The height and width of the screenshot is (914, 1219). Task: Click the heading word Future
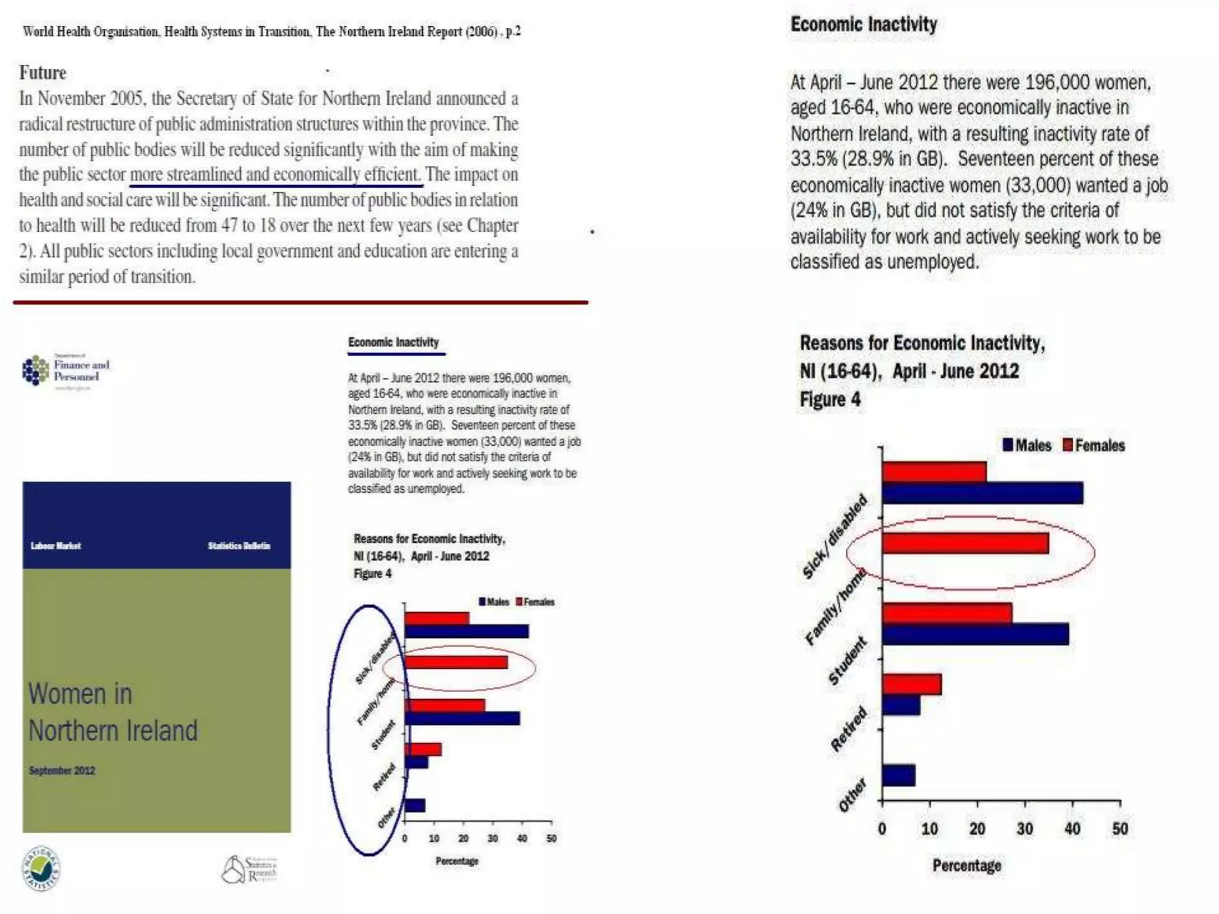[43, 73]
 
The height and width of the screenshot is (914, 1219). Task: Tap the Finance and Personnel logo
[66, 371]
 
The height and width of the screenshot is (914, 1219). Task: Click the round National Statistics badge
[41, 869]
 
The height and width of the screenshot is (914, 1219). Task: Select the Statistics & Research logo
[249, 869]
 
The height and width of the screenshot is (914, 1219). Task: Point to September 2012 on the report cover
[62, 771]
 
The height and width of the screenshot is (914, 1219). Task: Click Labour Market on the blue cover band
[56, 546]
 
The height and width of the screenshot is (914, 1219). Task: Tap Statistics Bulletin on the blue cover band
[239, 546]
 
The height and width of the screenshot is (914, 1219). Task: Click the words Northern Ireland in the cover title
[113, 731]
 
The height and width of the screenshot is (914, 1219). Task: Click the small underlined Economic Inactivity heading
[393, 342]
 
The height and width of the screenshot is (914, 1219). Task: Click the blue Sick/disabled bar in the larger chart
[982, 493]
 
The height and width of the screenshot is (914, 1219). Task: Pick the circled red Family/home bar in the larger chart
[965, 543]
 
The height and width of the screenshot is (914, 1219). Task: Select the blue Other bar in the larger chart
[898, 775]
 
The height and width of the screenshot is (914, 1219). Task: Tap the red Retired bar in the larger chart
[911, 684]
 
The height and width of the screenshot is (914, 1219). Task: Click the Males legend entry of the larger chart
[1027, 445]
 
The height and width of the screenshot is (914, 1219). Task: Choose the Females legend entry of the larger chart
[1094, 445]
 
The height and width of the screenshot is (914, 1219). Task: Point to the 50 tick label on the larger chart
[1120, 829]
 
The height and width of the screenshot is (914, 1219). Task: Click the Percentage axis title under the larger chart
[967, 865]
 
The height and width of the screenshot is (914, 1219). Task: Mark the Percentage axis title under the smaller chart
[457, 861]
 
